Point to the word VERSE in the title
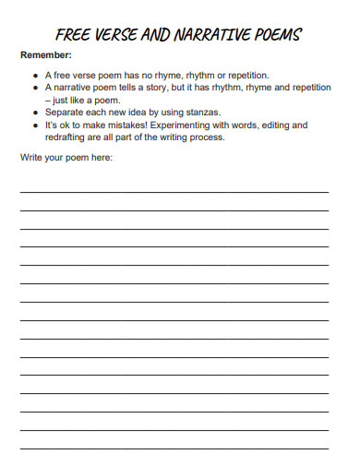click(114, 36)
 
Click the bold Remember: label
click(46, 55)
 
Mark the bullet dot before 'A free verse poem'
click(35, 74)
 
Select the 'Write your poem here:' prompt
click(66, 158)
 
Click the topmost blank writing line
click(174, 192)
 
